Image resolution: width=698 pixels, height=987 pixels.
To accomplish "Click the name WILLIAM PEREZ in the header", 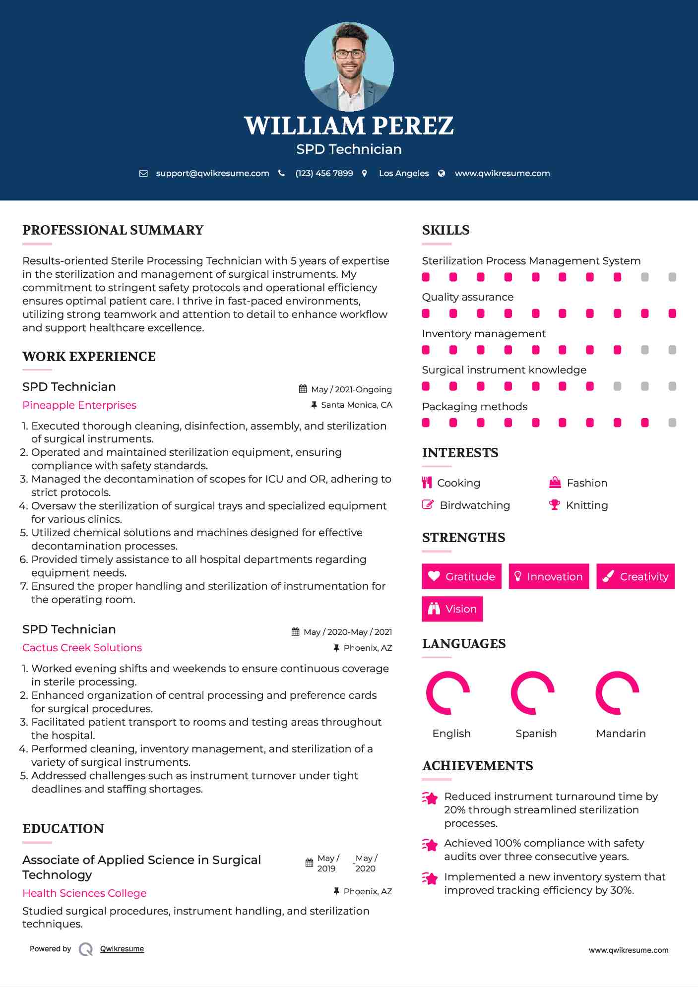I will pyautogui.click(x=349, y=126).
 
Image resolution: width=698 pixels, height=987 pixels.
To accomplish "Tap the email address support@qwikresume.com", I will pyautogui.click(x=212, y=173).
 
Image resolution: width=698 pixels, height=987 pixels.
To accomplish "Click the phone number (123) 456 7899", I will pyautogui.click(x=324, y=173).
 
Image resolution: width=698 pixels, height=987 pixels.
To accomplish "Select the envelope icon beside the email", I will pyautogui.click(x=143, y=173).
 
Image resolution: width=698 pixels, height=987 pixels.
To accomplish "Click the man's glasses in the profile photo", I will pyautogui.click(x=349, y=54).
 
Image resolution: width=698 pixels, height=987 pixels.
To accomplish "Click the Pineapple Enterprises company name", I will pyautogui.click(x=79, y=405).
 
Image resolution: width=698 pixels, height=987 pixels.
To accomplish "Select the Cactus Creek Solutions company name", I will pyautogui.click(x=82, y=648).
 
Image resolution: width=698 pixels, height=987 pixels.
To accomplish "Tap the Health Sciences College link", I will pyautogui.click(x=84, y=893).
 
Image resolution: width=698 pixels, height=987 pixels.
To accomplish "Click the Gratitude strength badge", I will pyautogui.click(x=461, y=576).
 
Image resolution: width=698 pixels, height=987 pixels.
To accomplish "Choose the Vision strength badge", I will pyautogui.click(x=452, y=609).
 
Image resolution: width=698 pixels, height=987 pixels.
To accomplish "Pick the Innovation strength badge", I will pyautogui.click(x=549, y=576).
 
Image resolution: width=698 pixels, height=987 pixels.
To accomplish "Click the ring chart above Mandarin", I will pyautogui.click(x=617, y=693).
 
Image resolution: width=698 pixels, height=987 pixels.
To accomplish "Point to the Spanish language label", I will pyautogui.click(x=536, y=734).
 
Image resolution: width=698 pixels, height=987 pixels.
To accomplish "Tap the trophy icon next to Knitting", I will pyautogui.click(x=554, y=505).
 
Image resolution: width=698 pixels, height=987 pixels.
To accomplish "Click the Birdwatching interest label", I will pyautogui.click(x=475, y=505).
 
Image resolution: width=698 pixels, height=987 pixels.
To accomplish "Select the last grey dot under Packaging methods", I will pyautogui.click(x=672, y=423).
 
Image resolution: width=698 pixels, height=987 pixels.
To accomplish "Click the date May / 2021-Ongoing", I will pyautogui.click(x=351, y=390).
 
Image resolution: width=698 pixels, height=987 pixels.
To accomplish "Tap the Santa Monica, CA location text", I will pyautogui.click(x=356, y=405).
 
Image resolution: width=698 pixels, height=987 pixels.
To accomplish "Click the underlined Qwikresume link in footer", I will pyautogui.click(x=122, y=949).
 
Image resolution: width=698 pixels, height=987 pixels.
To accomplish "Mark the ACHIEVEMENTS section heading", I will pyautogui.click(x=477, y=766).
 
